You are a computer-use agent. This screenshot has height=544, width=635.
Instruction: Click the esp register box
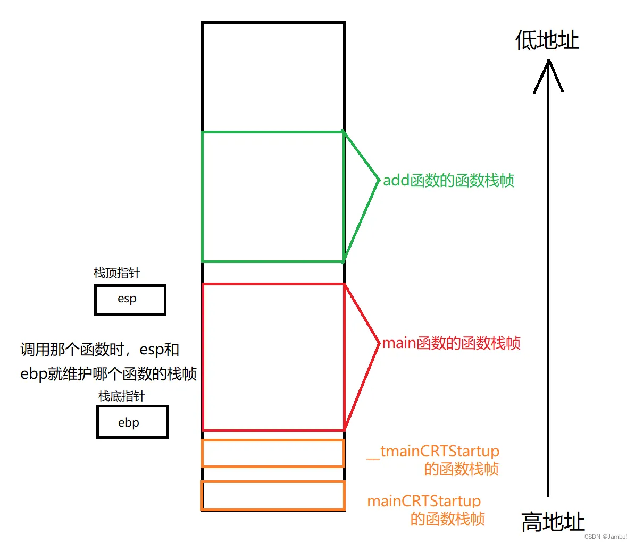point(130,300)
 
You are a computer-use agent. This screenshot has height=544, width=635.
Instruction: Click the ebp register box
point(132,422)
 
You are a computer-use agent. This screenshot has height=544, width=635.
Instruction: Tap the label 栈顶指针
point(117,273)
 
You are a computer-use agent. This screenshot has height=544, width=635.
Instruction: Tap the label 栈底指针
point(121,396)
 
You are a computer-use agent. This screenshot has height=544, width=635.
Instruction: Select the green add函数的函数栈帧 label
point(448,181)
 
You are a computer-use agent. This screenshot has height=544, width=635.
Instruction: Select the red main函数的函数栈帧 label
point(451,343)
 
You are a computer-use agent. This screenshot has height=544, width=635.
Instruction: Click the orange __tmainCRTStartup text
point(433,452)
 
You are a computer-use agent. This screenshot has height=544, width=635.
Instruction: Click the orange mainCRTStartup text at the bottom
point(424,501)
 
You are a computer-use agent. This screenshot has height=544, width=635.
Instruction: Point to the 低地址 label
point(547,40)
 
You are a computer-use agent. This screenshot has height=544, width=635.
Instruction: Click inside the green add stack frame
point(273,197)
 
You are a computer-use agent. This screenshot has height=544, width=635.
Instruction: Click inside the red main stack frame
point(273,357)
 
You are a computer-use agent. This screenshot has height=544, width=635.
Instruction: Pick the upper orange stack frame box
point(273,453)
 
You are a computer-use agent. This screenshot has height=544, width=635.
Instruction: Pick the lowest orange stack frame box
point(273,496)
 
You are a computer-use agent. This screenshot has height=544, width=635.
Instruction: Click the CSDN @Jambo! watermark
point(605,537)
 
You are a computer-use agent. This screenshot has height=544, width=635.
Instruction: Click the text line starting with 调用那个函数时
point(100,350)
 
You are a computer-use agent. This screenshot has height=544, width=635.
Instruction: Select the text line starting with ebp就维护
point(108,373)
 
